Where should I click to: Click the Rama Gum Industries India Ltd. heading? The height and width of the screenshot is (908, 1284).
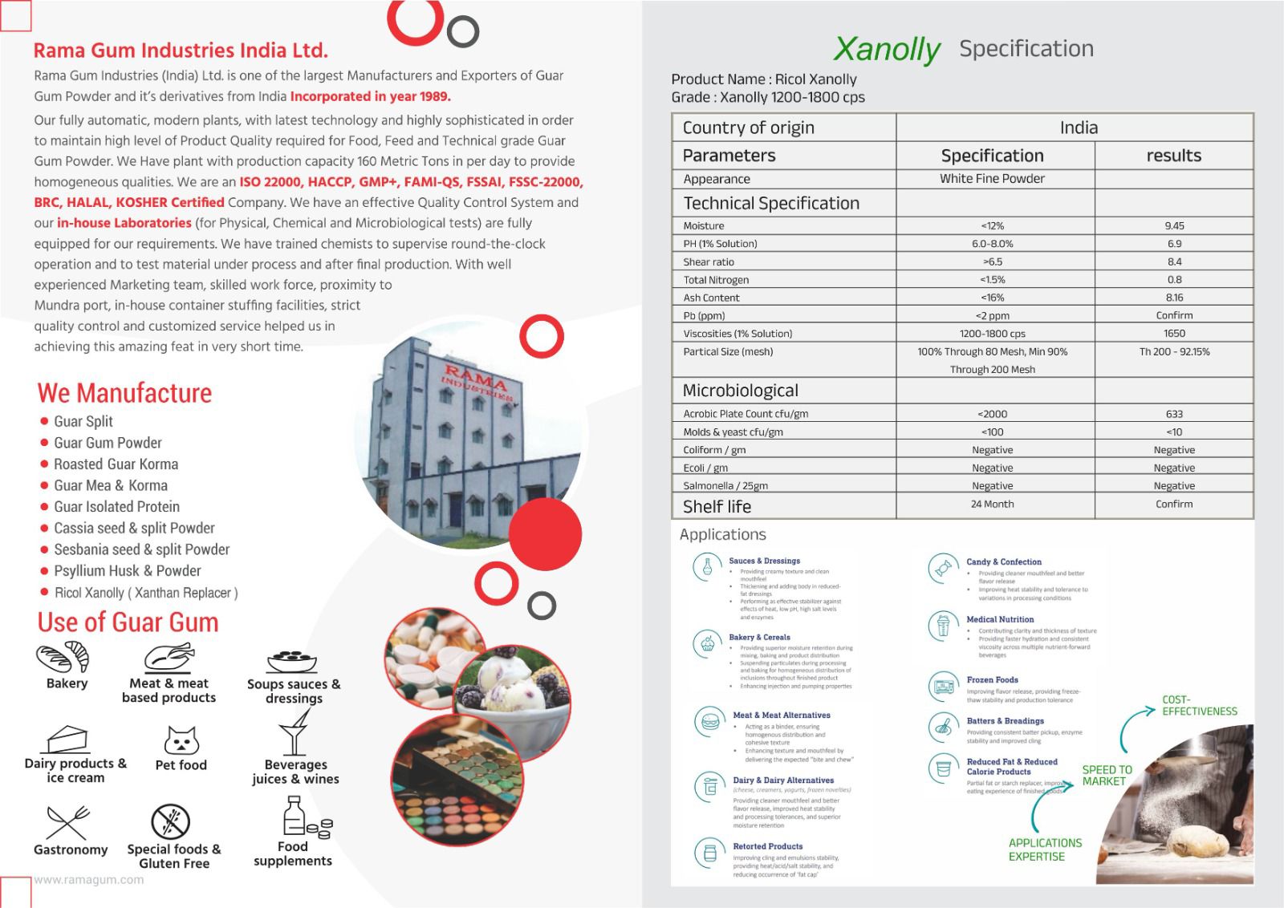pyautogui.click(x=181, y=51)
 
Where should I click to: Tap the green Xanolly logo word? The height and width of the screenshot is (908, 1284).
pyautogui.click(x=886, y=49)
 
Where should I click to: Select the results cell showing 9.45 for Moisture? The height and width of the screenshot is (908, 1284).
pyautogui.click(x=1174, y=226)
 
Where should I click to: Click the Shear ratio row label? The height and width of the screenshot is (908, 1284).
pyautogui.click(x=709, y=262)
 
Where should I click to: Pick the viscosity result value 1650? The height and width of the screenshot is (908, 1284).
pyautogui.click(x=1174, y=334)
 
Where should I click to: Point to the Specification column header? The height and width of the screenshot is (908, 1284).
pyautogui.click(x=992, y=156)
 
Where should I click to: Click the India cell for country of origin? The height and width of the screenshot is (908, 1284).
pyautogui.click(x=1078, y=128)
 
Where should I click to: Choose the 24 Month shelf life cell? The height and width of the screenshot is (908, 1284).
pyautogui.click(x=992, y=505)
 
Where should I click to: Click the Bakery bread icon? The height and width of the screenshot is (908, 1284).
pyautogui.click(x=63, y=658)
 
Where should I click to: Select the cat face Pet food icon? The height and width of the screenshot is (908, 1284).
pyautogui.click(x=181, y=740)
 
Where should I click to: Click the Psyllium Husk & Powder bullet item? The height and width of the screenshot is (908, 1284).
pyautogui.click(x=127, y=571)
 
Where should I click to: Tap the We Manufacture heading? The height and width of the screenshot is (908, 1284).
pyautogui.click(x=124, y=393)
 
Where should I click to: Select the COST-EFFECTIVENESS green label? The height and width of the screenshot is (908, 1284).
pyautogui.click(x=1199, y=705)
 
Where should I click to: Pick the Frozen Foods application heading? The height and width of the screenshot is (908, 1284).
pyautogui.click(x=992, y=680)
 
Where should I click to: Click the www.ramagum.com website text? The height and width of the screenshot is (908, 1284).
pyautogui.click(x=89, y=880)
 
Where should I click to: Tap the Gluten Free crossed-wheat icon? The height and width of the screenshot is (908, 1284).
pyautogui.click(x=171, y=822)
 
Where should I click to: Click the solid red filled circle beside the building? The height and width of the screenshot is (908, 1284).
pyautogui.click(x=545, y=534)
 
